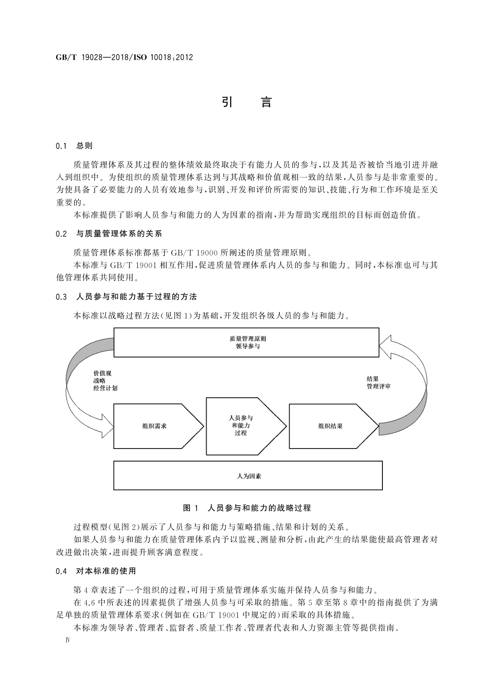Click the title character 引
(x=227, y=102)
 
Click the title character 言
(x=266, y=102)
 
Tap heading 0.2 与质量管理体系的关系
(x=109, y=234)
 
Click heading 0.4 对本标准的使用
(x=96, y=571)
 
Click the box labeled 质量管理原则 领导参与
(x=246, y=342)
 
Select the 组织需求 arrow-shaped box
(x=155, y=426)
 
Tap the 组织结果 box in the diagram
(x=331, y=426)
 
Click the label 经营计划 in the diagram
(x=105, y=388)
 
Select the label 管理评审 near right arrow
(x=378, y=386)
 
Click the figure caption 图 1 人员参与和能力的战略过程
(x=247, y=508)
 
